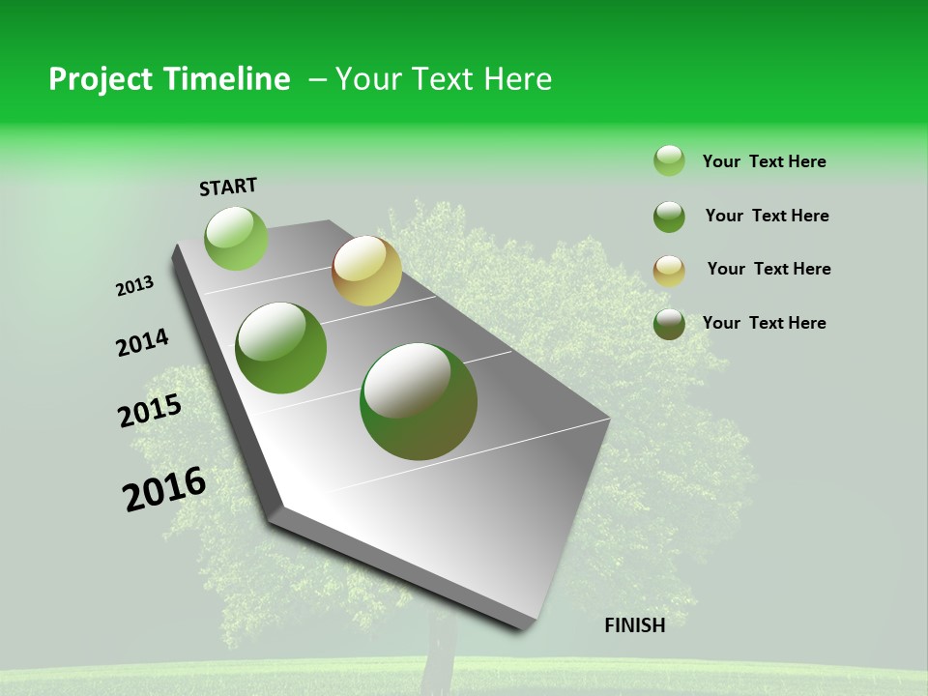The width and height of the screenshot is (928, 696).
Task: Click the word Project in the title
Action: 98,79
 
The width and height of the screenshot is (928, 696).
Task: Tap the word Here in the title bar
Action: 517,79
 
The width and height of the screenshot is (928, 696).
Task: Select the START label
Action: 228,187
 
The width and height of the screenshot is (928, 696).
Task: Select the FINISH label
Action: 634,625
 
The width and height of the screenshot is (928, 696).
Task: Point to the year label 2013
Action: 135,286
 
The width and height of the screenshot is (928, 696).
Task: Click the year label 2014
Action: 143,342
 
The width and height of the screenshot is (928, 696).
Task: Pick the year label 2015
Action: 150,411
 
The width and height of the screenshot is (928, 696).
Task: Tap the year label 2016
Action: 164,489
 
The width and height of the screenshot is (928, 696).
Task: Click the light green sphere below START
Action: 236,238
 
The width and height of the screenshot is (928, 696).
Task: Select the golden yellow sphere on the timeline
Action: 366,271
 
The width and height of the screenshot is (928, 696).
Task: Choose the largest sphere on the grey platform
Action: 419,401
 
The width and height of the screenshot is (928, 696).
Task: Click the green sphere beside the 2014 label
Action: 281,348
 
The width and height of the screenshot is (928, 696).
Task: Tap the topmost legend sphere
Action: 669,160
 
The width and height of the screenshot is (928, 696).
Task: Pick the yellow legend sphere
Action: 669,271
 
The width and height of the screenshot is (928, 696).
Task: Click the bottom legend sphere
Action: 669,324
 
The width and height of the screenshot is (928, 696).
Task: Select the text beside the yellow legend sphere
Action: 768,269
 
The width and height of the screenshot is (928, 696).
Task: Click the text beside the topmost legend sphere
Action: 764,161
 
